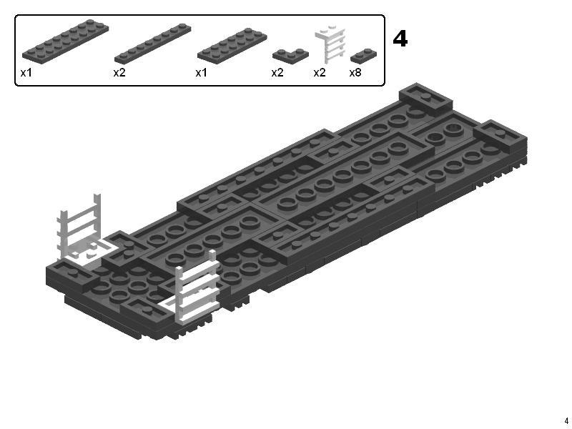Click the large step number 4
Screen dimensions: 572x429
400,39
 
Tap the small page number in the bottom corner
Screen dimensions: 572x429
566,420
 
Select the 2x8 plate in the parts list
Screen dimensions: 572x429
65,41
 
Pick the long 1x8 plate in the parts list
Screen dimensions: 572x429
152,44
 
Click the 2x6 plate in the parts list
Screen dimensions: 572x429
232,46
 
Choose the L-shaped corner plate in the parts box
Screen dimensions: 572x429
290,56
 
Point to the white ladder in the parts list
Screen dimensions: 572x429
330,44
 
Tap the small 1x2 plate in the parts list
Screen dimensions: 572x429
363,56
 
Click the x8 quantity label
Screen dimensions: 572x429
355,73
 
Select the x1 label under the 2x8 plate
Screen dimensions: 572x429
26,73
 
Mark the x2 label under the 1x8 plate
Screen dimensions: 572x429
119,73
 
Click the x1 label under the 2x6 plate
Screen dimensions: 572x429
201,73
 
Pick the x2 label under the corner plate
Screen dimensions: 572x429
277,73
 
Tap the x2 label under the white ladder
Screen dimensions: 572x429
319,73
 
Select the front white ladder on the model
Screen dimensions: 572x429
195,288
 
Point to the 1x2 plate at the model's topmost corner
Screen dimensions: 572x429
425,97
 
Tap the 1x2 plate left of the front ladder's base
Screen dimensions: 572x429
146,310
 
